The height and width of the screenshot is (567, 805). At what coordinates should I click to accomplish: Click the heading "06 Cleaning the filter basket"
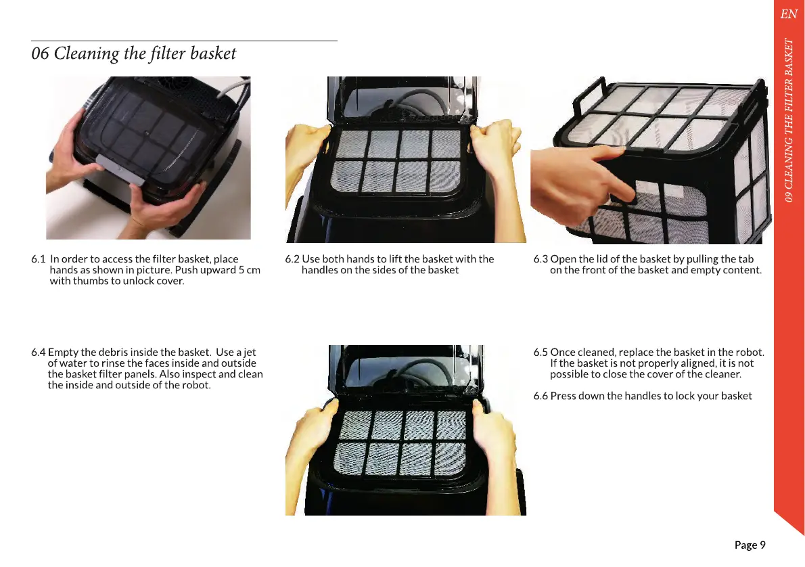point(133,53)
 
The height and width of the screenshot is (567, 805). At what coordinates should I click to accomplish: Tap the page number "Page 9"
point(750,545)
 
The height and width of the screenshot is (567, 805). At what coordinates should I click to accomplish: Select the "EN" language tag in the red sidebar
point(789,14)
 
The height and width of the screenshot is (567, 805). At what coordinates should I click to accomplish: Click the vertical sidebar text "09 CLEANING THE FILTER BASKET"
point(789,120)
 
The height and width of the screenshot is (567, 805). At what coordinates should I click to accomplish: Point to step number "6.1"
point(39,259)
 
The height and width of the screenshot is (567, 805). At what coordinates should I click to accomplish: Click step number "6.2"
point(292,259)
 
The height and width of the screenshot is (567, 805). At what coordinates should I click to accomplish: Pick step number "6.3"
point(540,259)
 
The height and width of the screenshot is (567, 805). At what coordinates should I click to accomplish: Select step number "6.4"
point(39,353)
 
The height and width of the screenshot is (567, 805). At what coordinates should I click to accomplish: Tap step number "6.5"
point(540,353)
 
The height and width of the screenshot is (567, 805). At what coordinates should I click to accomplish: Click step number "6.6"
point(540,396)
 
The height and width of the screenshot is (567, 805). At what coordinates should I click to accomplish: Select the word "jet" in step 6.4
point(250,353)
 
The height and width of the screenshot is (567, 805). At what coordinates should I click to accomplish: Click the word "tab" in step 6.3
point(745,259)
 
